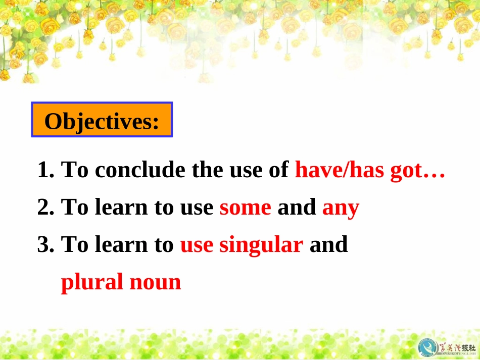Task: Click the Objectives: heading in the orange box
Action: click(102, 121)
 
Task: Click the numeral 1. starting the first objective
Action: click(46, 170)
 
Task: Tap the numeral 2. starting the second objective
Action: click(46, 207)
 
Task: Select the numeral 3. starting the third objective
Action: click(46, 244)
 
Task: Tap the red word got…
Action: click(417, 170)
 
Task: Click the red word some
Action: click(245, 208)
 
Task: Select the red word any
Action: click(341, 209)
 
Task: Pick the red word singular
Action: click(261, 245)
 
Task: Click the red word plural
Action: click(92, 282)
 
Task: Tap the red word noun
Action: click(155, 283)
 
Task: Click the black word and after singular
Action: click(329, 244)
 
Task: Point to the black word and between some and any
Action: click(297, 207)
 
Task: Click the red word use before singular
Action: click(197, 245)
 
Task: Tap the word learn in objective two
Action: click(121, 207)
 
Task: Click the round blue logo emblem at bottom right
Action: click(428, 347)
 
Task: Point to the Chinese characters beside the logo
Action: click(457, 348)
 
